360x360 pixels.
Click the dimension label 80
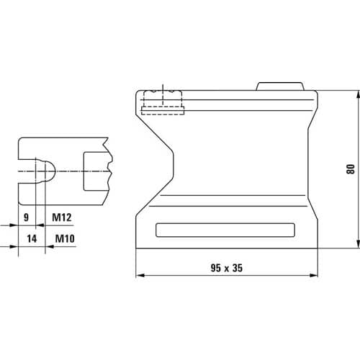[351, 169]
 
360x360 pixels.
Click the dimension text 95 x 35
[227, 268]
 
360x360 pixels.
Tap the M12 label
[62, 217]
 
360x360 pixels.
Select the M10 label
[65, 238]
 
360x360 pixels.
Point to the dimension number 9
[26, 217]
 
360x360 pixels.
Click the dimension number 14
[32, 238]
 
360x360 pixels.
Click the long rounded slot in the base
[225, 230]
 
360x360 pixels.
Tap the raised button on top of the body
[280, 86]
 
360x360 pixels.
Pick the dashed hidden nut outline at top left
[163, 102]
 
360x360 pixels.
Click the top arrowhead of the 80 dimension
[358, 94]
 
